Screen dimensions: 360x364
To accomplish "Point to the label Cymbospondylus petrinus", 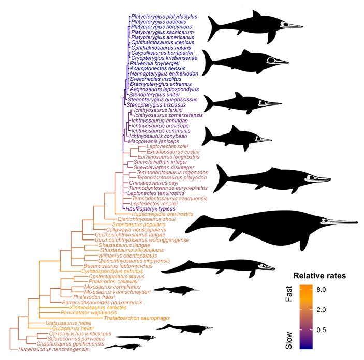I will (x=112, y=271).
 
